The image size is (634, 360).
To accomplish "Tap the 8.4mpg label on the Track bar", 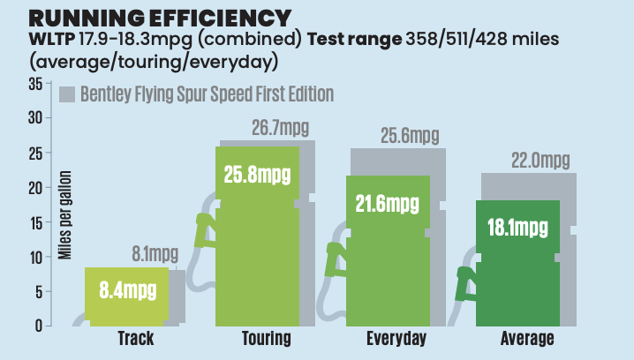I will click(128, 289).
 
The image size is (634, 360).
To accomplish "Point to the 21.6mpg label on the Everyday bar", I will click(389, 205).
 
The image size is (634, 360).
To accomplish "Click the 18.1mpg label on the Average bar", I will click(518, 228).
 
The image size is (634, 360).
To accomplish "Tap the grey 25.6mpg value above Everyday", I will click(410, 136).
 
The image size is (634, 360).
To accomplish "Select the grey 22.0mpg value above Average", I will click(540, 161).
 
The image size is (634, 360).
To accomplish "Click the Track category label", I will click(135, 340).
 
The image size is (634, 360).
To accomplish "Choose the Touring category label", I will click(263, 340).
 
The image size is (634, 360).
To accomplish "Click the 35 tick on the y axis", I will click(35, 84).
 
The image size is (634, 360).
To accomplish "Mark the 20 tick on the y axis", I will click(35, 188).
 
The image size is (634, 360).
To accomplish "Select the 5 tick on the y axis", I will click(39, 292).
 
